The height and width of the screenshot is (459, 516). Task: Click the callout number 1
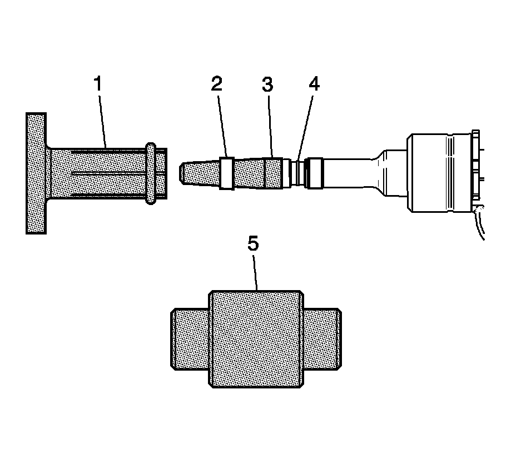pyautogui.click(x=98, y=85)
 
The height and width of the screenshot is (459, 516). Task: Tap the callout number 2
pyautogui.click(x=216, y=84)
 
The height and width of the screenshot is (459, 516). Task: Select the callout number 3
pyautogui.click(x=268, y=84)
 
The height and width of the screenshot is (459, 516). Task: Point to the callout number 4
pyautogui.click(x=314, y=84)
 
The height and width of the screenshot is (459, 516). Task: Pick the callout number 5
pyautogui.click(x=253, y=245)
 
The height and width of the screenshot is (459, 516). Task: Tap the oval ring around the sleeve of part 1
pyautogui.click(x=150, y=173)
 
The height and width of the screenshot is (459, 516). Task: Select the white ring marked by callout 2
pyautogui.click(x=226, y=173)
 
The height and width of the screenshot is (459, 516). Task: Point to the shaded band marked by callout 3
pyautogui.click(x=273, y=173)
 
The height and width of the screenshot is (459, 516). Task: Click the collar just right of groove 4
pyautogui.click(x=315, y=173)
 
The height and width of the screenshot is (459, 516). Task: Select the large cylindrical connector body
pyautogui.click(x=439, y=173)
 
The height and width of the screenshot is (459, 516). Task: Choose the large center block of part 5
pyautogui.click(x=256, y=339)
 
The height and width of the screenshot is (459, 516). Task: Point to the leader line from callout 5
pyautogui.click(x=256, y=272)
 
